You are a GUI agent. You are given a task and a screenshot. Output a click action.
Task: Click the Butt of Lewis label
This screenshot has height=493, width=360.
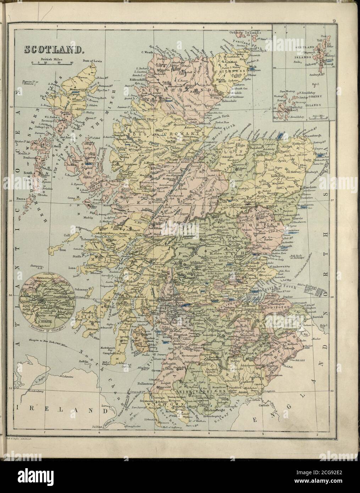[92, 61]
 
